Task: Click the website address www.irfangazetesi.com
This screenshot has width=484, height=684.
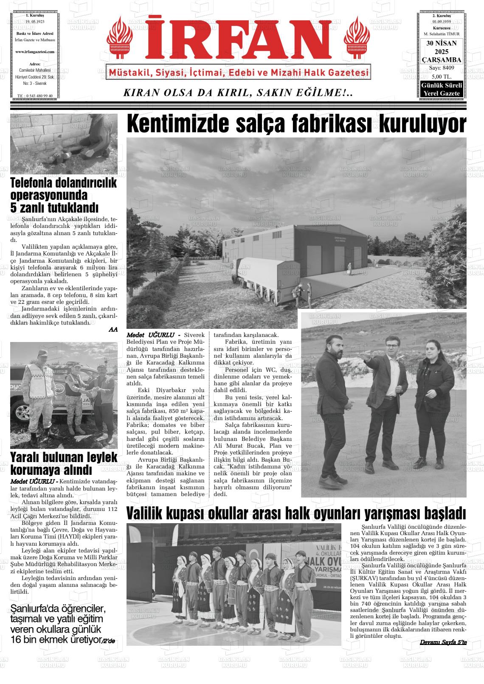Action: coord(34,52)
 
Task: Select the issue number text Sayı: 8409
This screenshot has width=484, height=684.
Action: coord(442,68)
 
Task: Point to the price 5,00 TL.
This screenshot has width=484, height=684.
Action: coord(442,76)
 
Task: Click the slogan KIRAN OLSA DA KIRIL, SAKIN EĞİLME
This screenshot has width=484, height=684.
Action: coord(238,93)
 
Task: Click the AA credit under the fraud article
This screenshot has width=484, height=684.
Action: coord(113,329)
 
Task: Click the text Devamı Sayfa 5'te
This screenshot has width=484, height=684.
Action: coord(443,642)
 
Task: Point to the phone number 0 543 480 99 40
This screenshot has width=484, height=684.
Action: coord(34,96)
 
